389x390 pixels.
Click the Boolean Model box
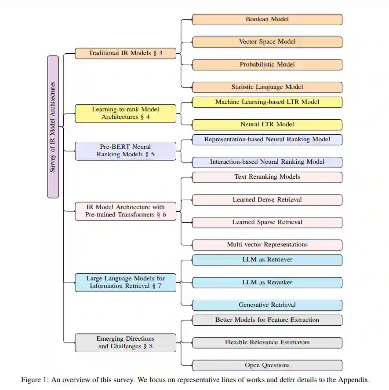coord(267,19)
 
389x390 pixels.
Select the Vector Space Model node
coord(267,42)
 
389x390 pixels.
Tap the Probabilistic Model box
coord(267,64)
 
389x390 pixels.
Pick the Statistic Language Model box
coord(267,87)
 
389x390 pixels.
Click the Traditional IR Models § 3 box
coord(125,53)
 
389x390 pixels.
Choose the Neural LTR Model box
coord(267,125)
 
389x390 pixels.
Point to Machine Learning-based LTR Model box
coord(267,102)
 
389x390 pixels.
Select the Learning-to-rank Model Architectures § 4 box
coord(125,113)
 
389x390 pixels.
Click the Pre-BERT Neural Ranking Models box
coord(125,151)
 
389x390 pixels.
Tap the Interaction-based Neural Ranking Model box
coord(267,162)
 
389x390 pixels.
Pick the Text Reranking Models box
coord(267,177)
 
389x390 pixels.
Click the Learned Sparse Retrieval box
coord(267,222)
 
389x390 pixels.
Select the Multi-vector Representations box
coord(267,245)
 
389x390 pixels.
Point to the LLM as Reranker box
coord(267,283)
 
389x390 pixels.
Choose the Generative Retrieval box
coord(267,305)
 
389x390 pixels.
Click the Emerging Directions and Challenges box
coord(125,342)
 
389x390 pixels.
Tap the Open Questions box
coord(267,365)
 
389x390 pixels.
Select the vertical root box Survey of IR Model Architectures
coord(53,127)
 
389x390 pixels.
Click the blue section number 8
coord(151,346)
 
